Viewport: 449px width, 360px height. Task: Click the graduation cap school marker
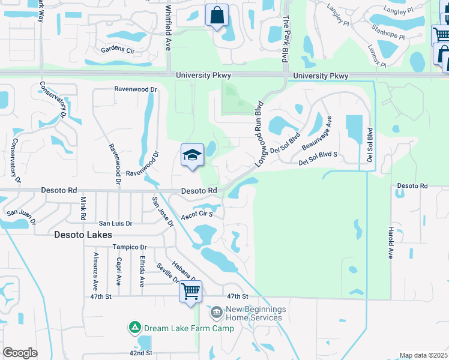[x=192, y=156]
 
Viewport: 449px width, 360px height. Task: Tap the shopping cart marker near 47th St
[x=191, y=292]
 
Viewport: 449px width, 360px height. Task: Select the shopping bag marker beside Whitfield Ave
[x=217, y=16]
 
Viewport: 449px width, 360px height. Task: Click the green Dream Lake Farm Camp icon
[x=135, y=328]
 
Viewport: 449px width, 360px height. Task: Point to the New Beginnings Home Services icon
[x=216, y=313]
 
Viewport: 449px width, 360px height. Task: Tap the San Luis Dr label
[x=115, y=223]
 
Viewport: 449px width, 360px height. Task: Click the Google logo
[x=20, y=353]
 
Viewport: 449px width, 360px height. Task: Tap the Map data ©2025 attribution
[x=423, y=355]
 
